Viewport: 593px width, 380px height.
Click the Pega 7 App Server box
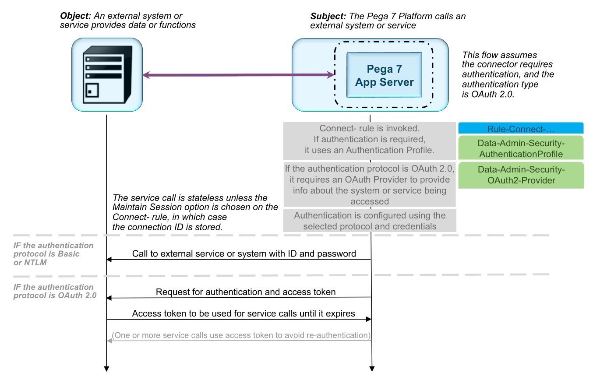384,75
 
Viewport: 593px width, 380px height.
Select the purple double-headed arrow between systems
239,75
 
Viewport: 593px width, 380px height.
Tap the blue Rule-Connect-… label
521,129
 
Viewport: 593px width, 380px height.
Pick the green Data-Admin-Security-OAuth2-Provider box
521,175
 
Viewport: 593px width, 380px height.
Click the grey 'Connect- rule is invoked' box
370,140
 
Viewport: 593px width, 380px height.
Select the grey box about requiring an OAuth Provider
370,185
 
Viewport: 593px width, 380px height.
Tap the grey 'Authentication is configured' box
370,221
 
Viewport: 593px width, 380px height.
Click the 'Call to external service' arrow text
244,253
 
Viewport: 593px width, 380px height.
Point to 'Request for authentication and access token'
246,292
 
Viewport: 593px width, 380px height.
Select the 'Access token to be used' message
244,313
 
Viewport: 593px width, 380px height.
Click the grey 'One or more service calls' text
241,335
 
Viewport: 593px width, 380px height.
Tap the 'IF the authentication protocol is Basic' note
53,254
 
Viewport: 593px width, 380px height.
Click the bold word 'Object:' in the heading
76,16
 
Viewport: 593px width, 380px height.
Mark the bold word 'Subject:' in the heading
328,16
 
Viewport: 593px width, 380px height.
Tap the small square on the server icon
92,91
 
